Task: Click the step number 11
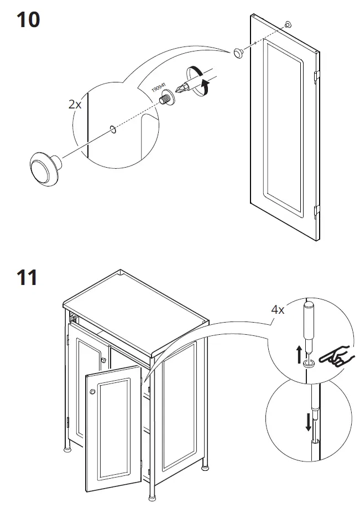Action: click(27, 276)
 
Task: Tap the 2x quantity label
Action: click(74, 104)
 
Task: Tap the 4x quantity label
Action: click(277, 310)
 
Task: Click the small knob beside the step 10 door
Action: click(239, 53)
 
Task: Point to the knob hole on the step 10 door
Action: click(287, 24)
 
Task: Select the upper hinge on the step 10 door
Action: click(316, 75)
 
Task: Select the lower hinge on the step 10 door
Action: click(317, 210)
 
